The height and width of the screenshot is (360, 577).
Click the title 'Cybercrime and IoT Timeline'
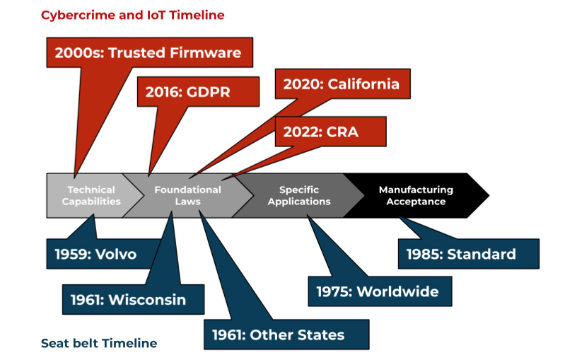coord(132,16)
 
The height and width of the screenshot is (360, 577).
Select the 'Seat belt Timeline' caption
coord(99,343)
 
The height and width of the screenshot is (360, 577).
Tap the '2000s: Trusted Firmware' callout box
coord(149,52)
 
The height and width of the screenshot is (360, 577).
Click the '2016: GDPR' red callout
coord(198,92)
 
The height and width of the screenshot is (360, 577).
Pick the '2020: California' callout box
coord(342,84)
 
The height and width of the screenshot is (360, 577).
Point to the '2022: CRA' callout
coord(330,132)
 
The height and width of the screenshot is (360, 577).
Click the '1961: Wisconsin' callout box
coord(133,299)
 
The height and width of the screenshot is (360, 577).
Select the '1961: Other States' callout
coord(286,335)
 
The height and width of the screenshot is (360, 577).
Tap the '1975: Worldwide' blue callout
coord(380,291)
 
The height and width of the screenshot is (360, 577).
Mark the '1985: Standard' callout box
coord(468,254)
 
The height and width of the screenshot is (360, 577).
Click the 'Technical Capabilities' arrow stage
coord(91,195)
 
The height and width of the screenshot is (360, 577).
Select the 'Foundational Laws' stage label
coord(187,195)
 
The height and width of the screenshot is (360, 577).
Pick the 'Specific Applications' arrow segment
coord(299,195)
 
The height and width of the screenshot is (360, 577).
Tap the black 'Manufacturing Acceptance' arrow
coord(416,195)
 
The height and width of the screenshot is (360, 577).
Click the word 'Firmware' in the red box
coord(205,52)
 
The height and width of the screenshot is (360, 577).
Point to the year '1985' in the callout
coord(424,255)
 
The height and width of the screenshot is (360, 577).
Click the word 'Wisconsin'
coord(147,300)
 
